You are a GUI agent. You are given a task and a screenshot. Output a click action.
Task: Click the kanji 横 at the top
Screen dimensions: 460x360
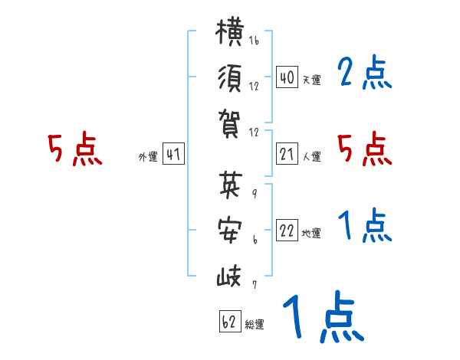pyautogui.click(x=230, y=32)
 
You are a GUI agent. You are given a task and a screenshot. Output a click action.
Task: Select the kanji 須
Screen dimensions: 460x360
pyautogui.click(x=230, y=79)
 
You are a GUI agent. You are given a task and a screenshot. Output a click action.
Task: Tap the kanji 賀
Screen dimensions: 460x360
pyautogui.click(x=229, y=123)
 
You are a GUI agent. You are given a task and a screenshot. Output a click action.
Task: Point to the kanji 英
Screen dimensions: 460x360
pyautogui.click(x=231, y=185)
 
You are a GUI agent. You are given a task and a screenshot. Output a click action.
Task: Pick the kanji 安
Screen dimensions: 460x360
pyautogui.click(x=230, y=230)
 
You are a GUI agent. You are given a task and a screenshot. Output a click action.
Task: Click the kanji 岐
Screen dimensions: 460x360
pyautogui.click(x=229, y=276)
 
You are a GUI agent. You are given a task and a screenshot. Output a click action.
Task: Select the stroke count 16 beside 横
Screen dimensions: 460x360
pyautogui.click(x=254, y=40)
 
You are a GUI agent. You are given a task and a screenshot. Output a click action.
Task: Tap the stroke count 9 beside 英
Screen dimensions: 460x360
pyautogui.click(x=255, y=193)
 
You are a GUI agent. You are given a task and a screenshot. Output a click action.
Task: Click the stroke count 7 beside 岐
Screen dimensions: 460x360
pyautogui.click(x=255, y=284)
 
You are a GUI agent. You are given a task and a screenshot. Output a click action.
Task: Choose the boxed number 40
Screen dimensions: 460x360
pyautogui.click(x=287, y=77)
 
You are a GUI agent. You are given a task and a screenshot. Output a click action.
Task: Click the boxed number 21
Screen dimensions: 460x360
pyautogui.click(x=287, y=154)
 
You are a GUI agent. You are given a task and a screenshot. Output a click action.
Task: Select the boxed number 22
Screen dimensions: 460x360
pyautogui.click(x=287, y=230)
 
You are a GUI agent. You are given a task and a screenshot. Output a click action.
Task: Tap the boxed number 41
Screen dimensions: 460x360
pyautogui.click(x=173, y=154)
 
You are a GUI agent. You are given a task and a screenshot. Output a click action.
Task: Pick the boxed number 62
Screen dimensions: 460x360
pyautogui.click(x=230, y=321)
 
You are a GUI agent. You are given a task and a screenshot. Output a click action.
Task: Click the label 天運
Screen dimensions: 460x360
pyautogui.click(x=312, y=80)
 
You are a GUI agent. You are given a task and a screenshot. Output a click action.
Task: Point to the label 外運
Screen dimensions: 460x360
pyautogui.click(x=148, y=156)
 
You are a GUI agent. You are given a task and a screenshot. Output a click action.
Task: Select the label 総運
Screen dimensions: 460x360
pyautogui.click(x=255, y=324)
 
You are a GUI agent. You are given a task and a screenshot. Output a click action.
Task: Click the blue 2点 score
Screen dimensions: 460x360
pyautogui.click(x=364, y=72)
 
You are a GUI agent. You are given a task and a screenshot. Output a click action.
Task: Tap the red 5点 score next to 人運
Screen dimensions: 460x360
pyautogui.click(x=364, y=149)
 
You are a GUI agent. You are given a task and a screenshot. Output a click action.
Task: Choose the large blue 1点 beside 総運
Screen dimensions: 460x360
pyautogui.click(x=324, y=316)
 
